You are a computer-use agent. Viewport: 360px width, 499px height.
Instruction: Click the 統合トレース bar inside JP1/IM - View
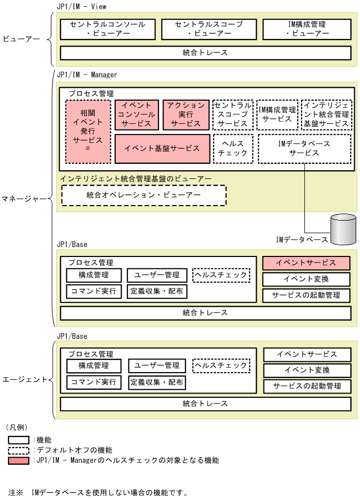[x=205, y=53]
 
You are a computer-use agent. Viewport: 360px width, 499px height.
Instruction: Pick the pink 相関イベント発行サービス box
[x=88, y=132]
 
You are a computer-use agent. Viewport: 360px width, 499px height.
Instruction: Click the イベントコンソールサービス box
[x=137, y=115]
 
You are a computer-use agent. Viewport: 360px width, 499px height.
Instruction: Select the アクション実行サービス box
[x=185, y=115]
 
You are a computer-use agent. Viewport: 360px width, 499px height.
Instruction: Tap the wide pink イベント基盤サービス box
[x=161, y=149]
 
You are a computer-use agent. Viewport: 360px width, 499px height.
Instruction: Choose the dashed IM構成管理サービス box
[x=276, y=115]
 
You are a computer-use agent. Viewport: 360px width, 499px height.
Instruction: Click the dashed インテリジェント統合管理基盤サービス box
[x=326, y=115]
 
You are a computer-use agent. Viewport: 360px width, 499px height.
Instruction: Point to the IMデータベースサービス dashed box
[x=304, y=149]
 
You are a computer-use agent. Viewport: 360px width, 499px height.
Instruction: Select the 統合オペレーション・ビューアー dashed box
[x=144, y=195]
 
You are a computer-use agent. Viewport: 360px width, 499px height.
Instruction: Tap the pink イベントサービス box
[x=306, y=263]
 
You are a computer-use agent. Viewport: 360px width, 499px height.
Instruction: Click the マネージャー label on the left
[x=24, y=199]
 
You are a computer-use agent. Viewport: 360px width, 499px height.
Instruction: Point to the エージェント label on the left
[x=24, y=380]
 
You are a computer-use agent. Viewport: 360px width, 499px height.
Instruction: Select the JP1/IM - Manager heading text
[x=86, y=75]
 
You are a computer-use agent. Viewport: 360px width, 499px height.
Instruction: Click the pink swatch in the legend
[x=19, y=460]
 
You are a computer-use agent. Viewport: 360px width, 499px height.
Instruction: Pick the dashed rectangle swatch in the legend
[x=19, y=450]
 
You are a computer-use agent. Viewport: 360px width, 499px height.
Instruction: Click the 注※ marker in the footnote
[x=16, y=492]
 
